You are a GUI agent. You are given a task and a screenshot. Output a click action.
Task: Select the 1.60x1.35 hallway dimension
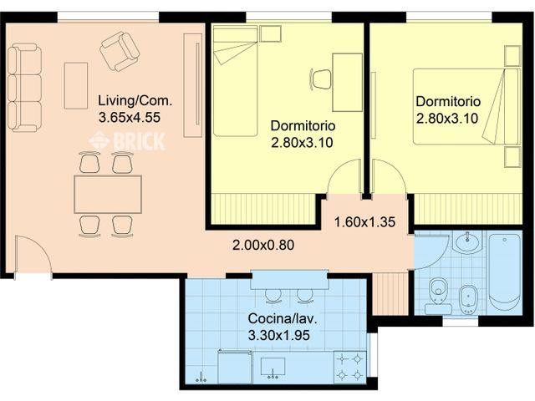pyautogui.click(x=364, y=223)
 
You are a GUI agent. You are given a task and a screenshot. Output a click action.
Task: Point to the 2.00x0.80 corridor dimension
pyautogui.click(x=264, y=246)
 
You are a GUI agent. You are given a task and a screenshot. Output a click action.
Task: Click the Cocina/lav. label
pyautogui.click(x=281, y=319)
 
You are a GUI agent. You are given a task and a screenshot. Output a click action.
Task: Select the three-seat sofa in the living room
pyautogui.click(x=25, y=88)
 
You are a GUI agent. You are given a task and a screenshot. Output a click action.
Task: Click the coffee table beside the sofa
pyautogui.click(x=76, y=85)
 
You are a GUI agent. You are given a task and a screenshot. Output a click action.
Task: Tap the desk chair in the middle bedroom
pyautogui.click(x=321, y=79)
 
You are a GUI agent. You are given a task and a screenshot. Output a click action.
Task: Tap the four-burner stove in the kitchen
pyautogui.click(x=349, y=366)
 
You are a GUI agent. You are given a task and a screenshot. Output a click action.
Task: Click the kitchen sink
pyautogui.click(x=273, y=368)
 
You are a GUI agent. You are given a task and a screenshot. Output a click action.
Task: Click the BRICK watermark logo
pyautogui.click(x=127, y=140)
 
